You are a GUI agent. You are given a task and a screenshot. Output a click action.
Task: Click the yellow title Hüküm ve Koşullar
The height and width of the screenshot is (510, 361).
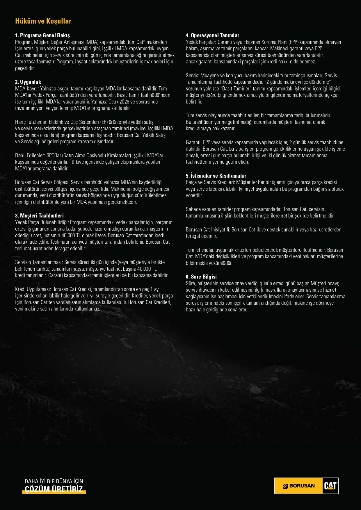point(43,21)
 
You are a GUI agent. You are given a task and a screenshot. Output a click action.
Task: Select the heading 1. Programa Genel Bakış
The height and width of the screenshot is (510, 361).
point(42,35)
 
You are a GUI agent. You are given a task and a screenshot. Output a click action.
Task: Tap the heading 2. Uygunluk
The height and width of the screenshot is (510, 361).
point(28,82)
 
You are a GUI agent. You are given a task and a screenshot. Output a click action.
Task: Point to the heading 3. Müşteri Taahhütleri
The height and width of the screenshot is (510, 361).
point(39,216)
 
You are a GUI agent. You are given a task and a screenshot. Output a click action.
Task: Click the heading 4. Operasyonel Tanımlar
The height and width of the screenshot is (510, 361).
point(212,35)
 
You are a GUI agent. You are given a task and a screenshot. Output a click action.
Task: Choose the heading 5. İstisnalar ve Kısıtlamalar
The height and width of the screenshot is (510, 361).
point(216,176)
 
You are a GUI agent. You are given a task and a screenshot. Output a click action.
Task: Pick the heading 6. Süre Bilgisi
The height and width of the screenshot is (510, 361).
point(201,277)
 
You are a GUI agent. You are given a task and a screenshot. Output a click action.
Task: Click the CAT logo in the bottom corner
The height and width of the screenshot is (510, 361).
point(330,486)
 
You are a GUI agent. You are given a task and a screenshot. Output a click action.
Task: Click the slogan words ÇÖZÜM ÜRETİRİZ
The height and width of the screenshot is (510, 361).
point(54,489)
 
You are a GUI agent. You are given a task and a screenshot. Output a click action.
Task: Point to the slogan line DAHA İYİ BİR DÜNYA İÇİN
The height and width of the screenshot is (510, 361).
point(54,481)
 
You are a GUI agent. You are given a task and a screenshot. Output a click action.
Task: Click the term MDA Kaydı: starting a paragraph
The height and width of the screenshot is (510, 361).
point(27,89)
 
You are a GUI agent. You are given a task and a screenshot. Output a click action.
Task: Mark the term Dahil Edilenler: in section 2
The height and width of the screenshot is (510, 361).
point(30,156)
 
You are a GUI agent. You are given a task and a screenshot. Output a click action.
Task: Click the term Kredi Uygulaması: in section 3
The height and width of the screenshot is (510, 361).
point(33,289)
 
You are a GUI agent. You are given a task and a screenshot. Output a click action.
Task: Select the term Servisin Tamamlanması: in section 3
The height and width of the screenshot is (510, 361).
point(39,262)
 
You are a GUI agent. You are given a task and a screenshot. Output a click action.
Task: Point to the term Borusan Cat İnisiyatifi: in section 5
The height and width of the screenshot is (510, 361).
point(208,230)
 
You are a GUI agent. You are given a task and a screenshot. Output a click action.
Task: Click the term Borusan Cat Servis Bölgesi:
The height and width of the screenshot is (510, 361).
point(42,182)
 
